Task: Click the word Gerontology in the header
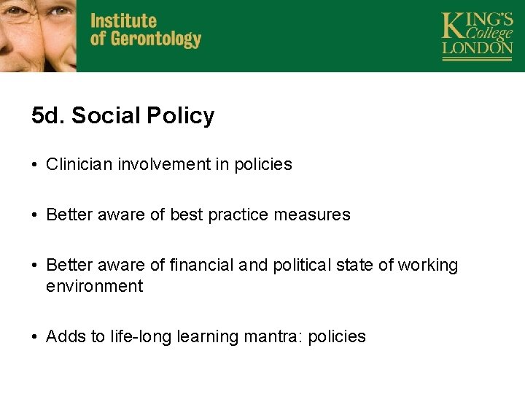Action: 155,39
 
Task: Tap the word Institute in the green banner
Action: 123,20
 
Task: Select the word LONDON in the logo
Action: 478,48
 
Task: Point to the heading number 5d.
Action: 49,115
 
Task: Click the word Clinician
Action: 78,164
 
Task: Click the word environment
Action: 94,286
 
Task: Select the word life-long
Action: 137,336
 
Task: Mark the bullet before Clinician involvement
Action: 35,165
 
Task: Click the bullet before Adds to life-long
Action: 35,337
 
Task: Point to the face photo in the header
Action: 38,35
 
